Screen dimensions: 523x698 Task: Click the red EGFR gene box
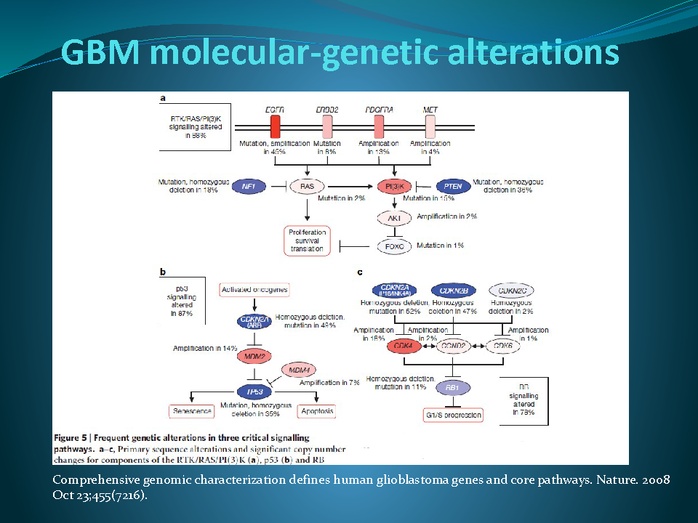[x=275, y=126]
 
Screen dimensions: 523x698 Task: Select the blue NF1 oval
[x=249, y=187]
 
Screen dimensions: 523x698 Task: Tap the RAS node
[x=307, y=187]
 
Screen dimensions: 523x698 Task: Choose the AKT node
[x=396, y=217]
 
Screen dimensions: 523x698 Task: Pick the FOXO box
[x=395, y=246]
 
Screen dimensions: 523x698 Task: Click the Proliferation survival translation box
[x=306, y=240]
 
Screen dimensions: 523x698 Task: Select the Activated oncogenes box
[x=254, y=290]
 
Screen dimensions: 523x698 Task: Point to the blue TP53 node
[x=254, y=391]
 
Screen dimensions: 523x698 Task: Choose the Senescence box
[x=192, y=411]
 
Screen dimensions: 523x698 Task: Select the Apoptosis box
[x=317, y=411]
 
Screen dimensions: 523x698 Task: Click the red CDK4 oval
[x=404, y=346]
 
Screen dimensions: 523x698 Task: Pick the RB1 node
[x=452, y=387]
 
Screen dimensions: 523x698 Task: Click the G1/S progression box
[x=452, y=415]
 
